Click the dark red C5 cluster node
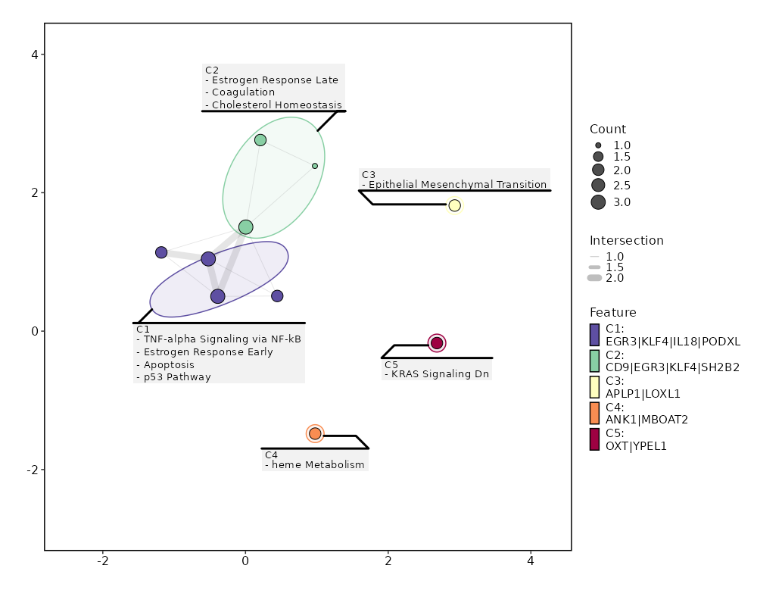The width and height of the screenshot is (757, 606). pyautogui.click(x=437, y=343)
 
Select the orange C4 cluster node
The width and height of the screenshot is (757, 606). pyautogui.click(x=315, y=433)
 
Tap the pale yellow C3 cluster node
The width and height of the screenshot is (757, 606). pyautogui.click(x=454, y=205)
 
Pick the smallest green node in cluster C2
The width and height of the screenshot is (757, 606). pyautogui.click(x=315, y=166)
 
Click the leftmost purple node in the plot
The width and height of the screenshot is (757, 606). pyautogui.click(x=161, y=252)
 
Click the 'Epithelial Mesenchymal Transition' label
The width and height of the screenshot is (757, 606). pyautogui.click(x=457, y=184)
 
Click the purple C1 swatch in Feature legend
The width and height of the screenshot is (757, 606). pyautogui.click(x=594, y=334)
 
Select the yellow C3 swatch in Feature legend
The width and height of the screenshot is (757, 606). pyautogui.click(x=594, y=387)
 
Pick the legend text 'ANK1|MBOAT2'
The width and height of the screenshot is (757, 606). pyautogui.click(x=646, y=420)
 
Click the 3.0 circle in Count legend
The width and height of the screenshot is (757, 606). pyautogui.click(x=598, y=201)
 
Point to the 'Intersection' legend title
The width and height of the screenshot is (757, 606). pyautogui.click(x=627, y=240)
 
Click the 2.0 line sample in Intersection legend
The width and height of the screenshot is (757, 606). pyautogui.click(x=595, y=278)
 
